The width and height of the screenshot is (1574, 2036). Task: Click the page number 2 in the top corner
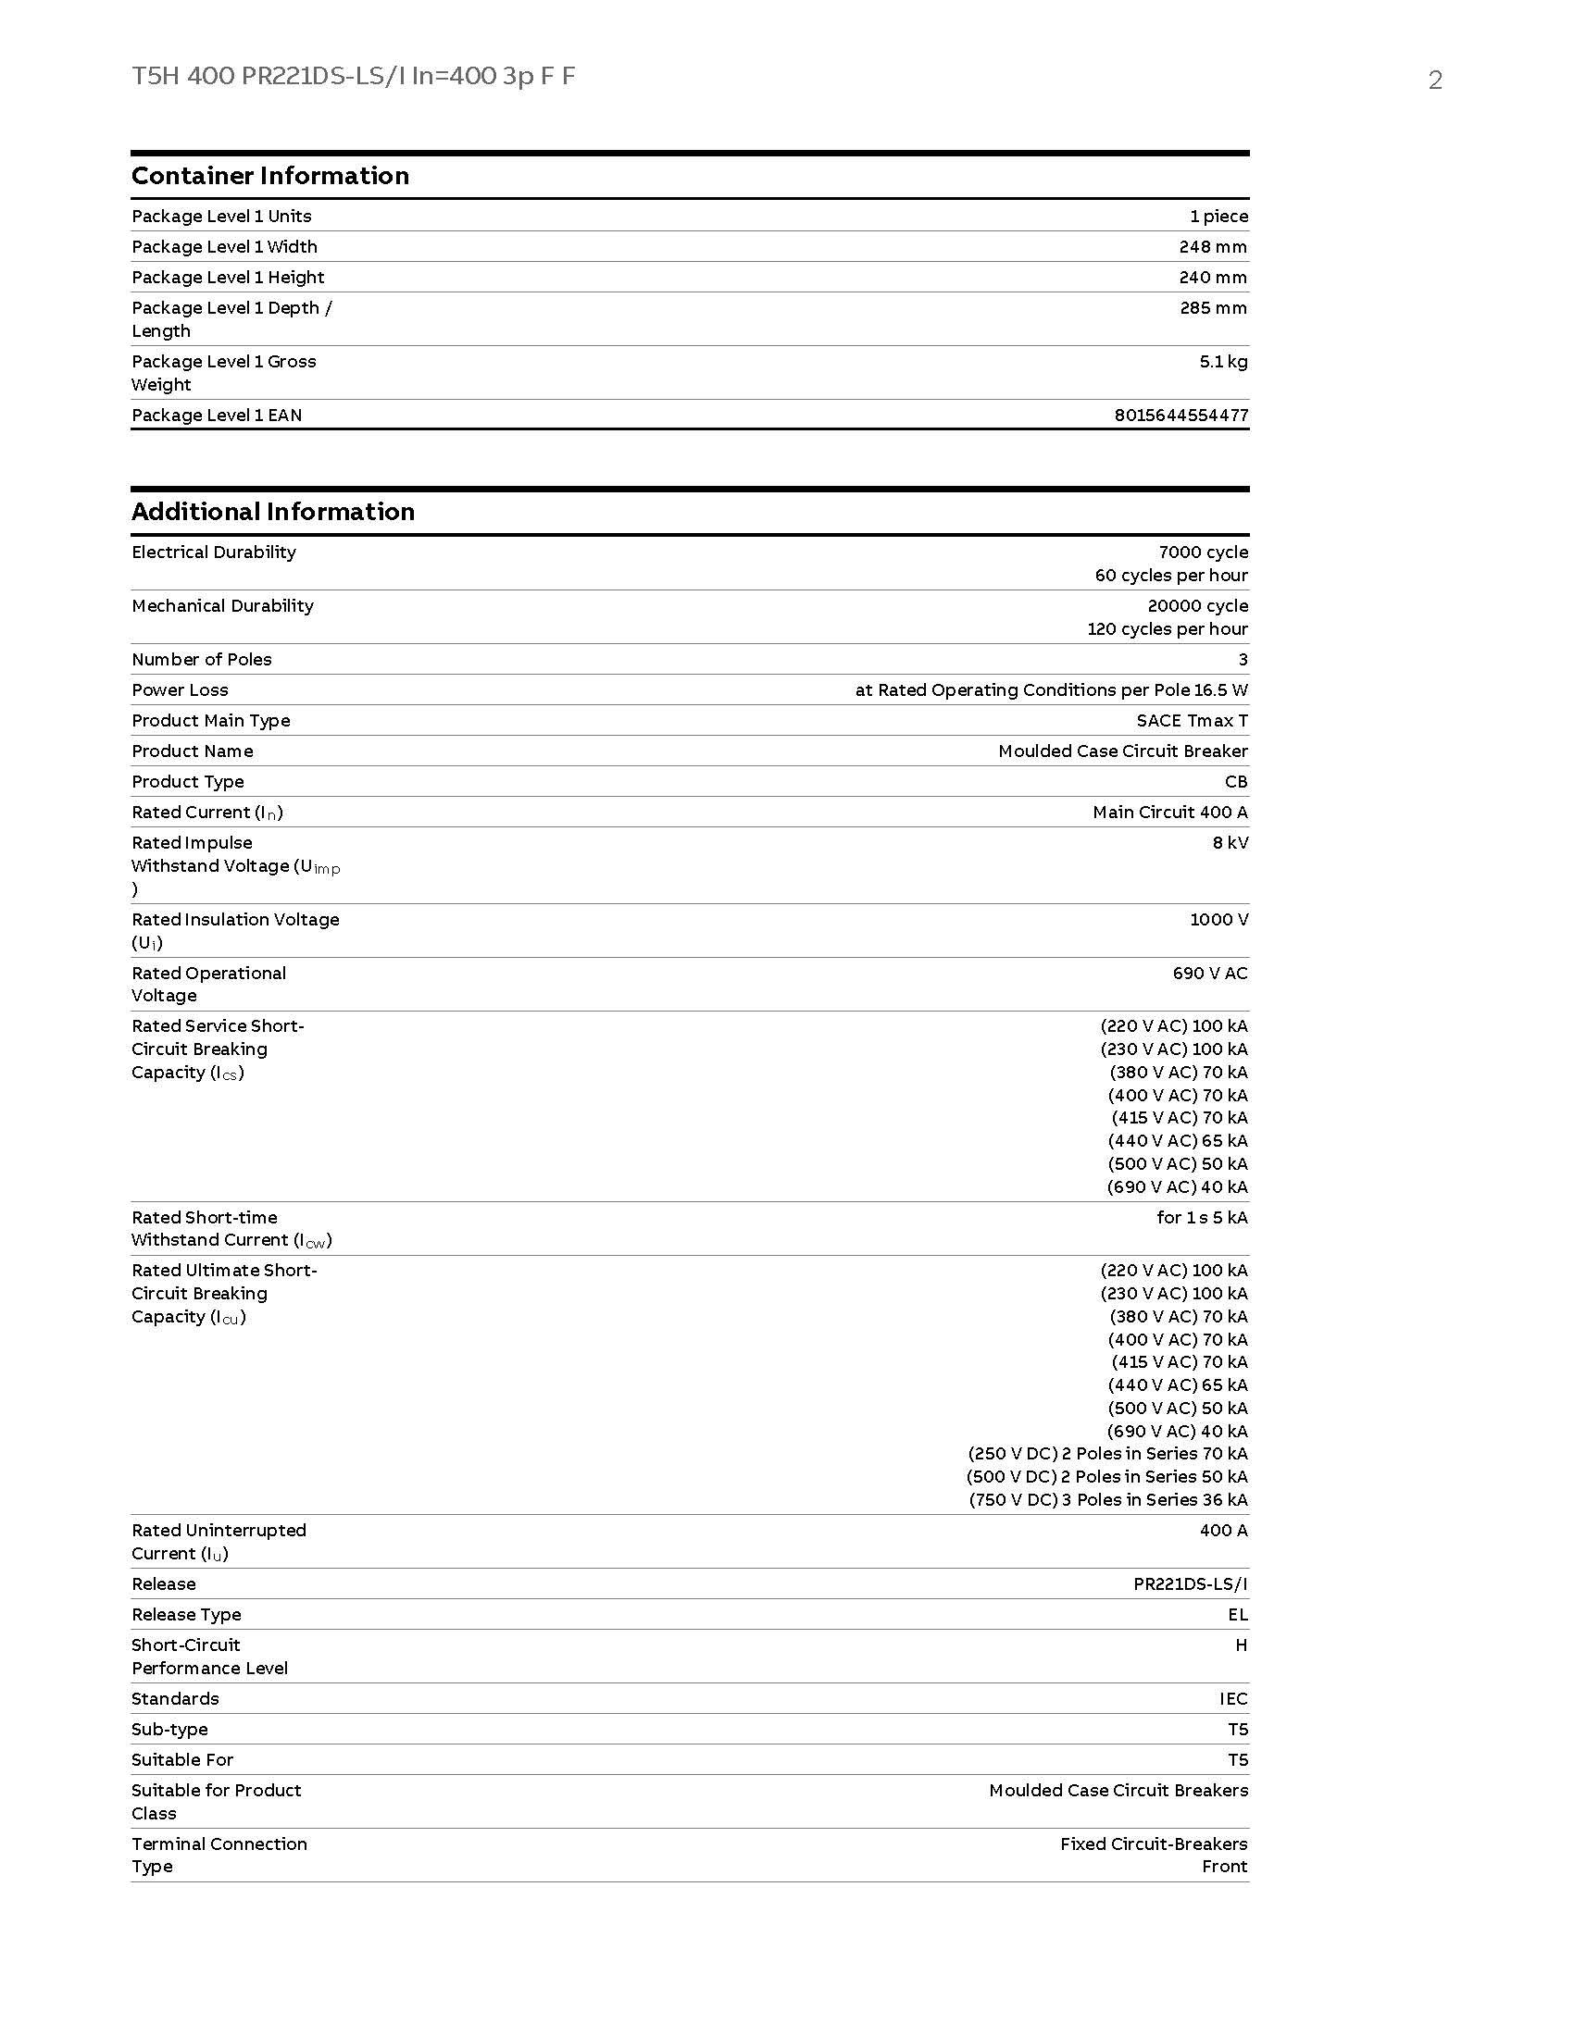pos(1435,81)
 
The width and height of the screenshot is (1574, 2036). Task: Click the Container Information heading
pos(270,175)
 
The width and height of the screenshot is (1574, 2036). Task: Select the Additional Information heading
pos(273,511)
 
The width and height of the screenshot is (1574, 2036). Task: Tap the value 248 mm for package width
pos(1212,246)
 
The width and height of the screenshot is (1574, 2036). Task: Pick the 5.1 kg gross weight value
pos(1222,361)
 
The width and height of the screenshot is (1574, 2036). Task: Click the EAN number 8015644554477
pos(1180,415)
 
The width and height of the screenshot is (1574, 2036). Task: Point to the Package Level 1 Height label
pos(228,277)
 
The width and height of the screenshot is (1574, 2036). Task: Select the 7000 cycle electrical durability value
pos(1203,552)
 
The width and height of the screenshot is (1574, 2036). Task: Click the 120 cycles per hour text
pos(1167,628)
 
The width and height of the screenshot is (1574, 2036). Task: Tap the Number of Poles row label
pos(202,659)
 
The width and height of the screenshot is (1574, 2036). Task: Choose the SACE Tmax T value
pos(1192,720)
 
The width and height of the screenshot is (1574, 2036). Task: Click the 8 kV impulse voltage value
pos(1230,842)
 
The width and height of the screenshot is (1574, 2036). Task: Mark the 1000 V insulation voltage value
pos(1218,919)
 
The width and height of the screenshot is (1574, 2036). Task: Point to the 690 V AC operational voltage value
pos(1209,973)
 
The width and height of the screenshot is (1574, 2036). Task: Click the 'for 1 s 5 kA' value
pos(1201,1217)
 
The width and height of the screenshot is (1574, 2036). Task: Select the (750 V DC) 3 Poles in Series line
pos(1107,1499)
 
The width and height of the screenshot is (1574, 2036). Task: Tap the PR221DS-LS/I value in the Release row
pos(1190,1583)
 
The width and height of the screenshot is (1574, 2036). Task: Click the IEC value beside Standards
pos(1232,1697)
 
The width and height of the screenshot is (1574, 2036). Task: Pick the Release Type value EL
pos(1237,1614)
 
